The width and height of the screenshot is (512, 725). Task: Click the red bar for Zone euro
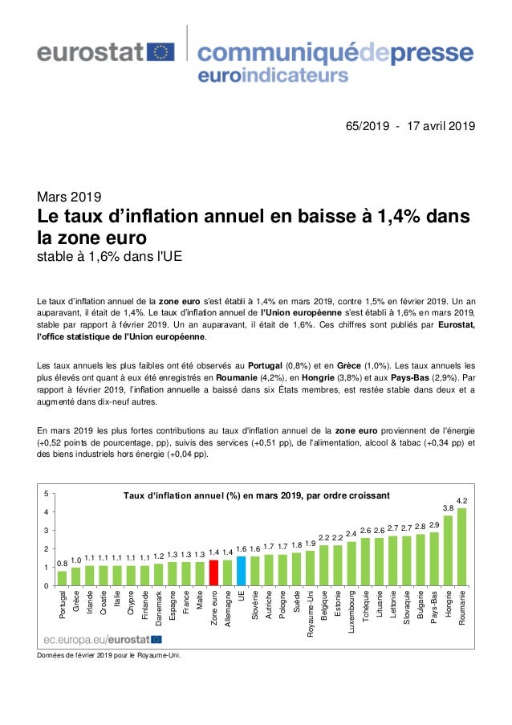pyautogui.click(x=213, y=572)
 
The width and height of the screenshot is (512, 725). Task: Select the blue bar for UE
pyautogui.click(x=241, y=571)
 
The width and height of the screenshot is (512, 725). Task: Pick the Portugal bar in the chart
pyautogui.click(x=63, y=578)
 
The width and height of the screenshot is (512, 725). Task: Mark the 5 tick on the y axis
pyautogui.click(x=47, y=493)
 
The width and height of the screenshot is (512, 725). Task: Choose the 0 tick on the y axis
pyautogui.click(x=47, y=586)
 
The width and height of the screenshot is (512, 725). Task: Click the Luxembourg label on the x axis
pyautogui.click(x=351, y=610)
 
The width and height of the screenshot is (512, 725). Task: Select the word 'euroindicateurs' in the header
pyautogui.click(x=272, y=76)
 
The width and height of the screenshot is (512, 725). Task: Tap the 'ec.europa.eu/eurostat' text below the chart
pyautogui.click(x=95, y=639)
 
